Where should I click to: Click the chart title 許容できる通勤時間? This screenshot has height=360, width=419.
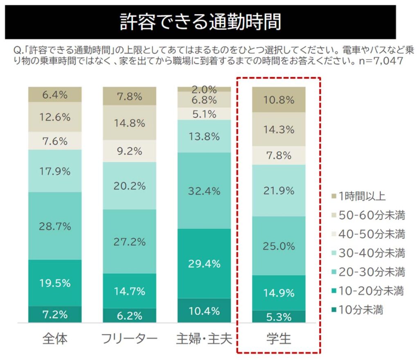pyautogui.click(x=200, y=22)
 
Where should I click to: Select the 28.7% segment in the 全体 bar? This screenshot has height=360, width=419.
pyautogui.click(x=55, y=226)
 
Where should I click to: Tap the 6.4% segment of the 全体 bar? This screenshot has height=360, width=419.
pyautogui.click(x=55, y=94)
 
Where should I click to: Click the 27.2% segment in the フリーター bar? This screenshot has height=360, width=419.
pyautogui.click(x=129, y=241)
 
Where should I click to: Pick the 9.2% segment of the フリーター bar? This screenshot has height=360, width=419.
pyautogui.click(x=129, y=151)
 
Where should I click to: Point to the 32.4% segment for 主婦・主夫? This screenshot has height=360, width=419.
pyautogui.click(x=204, y=191)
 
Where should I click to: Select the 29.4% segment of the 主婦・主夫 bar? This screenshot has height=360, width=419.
pyautogui.click(x=204, y=264)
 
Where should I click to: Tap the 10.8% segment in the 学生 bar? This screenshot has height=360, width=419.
pyautogui.click(x=278, y=99)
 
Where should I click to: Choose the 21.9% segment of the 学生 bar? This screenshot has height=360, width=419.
pyautogui.click(x=278, y=190)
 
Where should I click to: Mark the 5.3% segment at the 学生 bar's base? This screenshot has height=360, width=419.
pyautogui.click(x=278, y=317)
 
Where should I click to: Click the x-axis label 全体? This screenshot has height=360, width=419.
pyautogui.click(x=55, y=339)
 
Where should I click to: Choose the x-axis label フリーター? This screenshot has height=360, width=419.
pyautogui.click(x=129, y=339)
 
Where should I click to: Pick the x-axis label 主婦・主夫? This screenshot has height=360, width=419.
pyautogui.click(x=204, y=339)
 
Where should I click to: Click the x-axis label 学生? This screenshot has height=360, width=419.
pyautogui.click(x=278, y=339)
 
